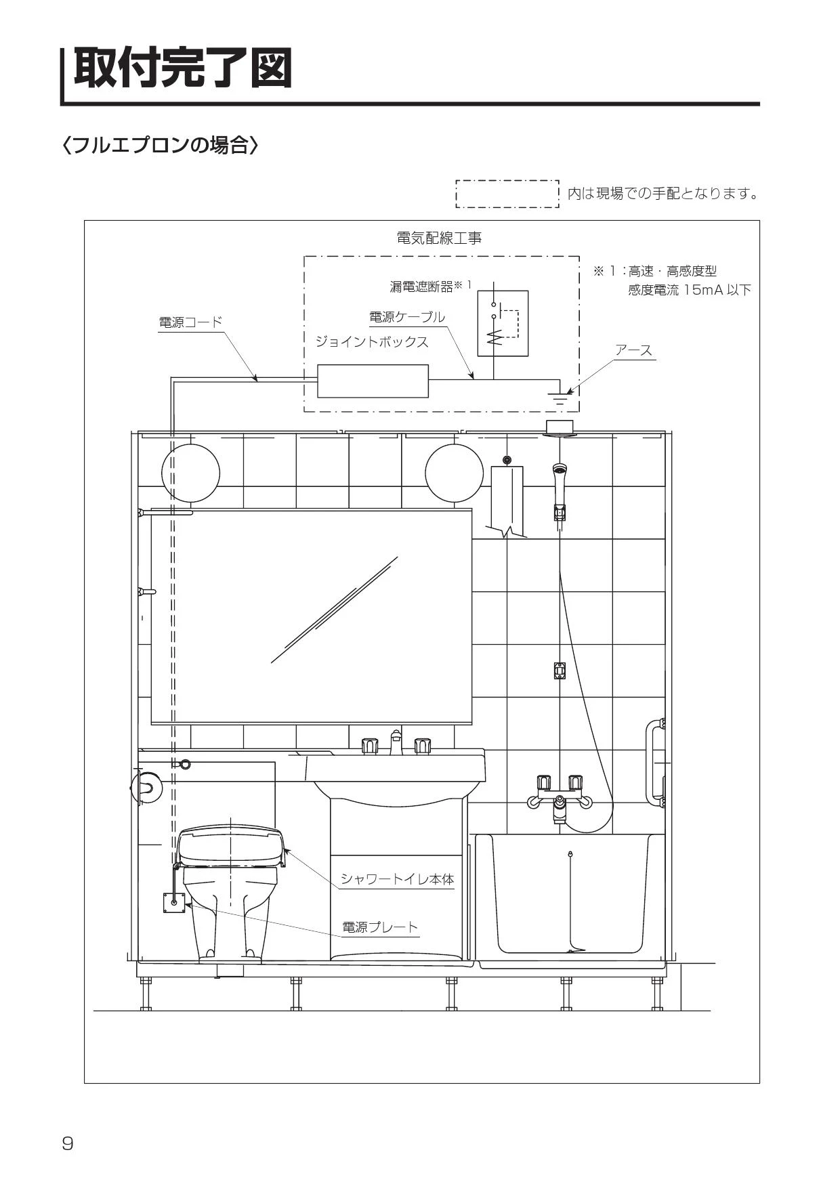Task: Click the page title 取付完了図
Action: pyautogui.click(x=183, y=68)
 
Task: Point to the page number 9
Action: pyautogui.click(x=68, y=1144)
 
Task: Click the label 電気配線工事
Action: pyautogui.click(x=439, y=238)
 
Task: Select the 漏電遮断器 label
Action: pyautogui.click(x=421, y=287)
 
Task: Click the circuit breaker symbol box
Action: pyautogui.click(x=503, y=324)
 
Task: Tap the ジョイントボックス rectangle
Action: pyautogui.click(x=373, y=381)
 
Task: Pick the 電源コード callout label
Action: pyautogui.click(x=190, y=322)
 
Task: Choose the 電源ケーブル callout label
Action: pyautogui.click(x=407, y=317)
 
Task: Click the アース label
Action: pyautogui.click(x=633, y=350)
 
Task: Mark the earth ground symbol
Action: pyautogui.click(x=560, y=398)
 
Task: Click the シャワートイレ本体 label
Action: pyautogui.click(x=397, y=879)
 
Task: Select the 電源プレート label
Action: pyautogui.click(x=380, y=927)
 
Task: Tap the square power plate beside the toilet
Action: pyautogui.click(x=174, y=903)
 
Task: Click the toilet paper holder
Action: pyautogui.click(x=145, y=787)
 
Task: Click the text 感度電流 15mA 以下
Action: pyautogui.click(x=690, y=290)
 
